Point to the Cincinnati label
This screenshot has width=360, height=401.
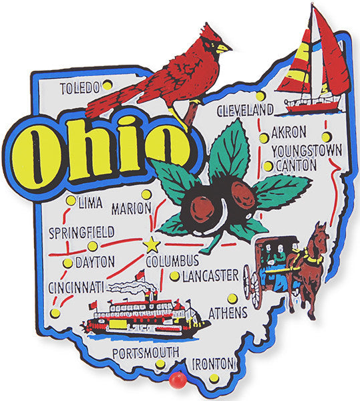click(76, 288)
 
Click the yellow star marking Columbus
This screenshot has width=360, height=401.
click(152, 244)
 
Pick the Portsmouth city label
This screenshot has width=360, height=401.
click(145, 352)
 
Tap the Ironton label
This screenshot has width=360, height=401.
click(213, 364)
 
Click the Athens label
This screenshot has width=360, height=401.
click(228, 312)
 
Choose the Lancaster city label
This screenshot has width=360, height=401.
click(209, 275)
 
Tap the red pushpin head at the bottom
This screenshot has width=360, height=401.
click(176, 382)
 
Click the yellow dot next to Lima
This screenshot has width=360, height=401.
click(71, 200)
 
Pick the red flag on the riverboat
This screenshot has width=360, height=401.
click(140, 275)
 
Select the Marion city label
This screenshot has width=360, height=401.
click(131, 209)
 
